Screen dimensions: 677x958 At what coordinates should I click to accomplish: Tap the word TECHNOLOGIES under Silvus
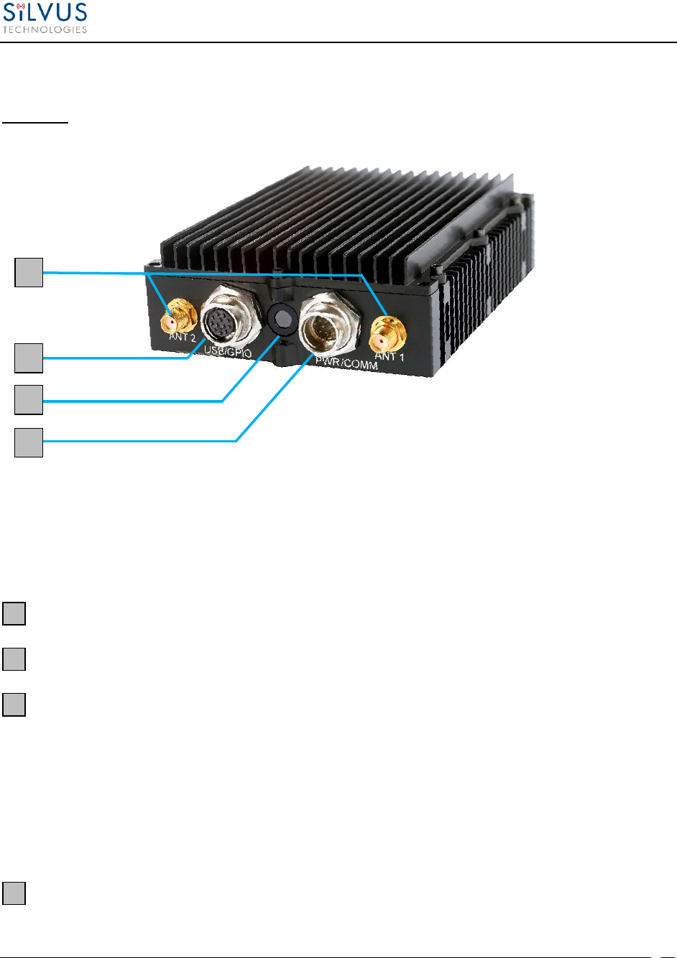click(x=45, y=29)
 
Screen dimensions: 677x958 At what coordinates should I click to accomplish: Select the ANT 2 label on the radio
click(x=183, y=338)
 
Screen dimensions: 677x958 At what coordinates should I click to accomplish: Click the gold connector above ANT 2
click(x=175, y=315)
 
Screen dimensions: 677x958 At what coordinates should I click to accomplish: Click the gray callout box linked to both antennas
click(x=29, y=273)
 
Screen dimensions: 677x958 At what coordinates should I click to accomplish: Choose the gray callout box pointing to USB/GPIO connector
click(x=29, y=358)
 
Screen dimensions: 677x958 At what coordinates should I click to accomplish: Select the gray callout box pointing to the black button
click(x=29, y=399)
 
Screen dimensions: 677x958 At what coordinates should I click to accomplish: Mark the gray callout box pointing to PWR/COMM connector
click(x=29, y=442)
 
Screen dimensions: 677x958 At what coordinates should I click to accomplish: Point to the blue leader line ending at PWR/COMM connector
click(x=144, y=441)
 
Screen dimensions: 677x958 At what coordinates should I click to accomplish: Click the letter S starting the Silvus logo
click(x=11, y=14)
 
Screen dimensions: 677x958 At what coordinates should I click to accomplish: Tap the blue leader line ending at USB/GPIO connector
click(x=115, y=358)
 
